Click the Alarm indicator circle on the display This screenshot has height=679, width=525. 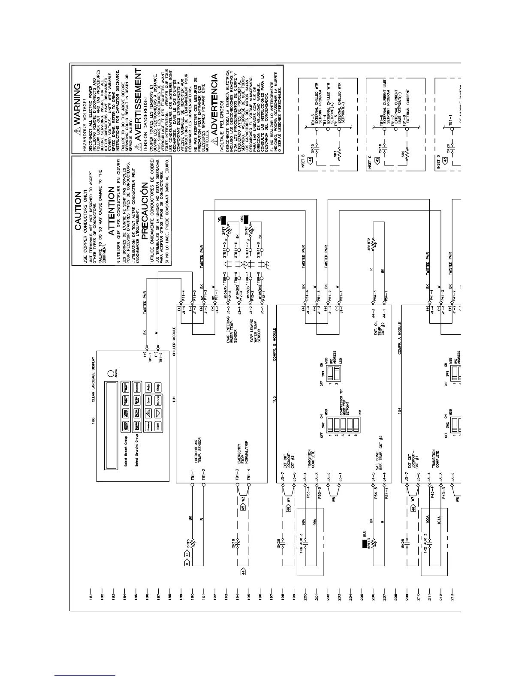coord(110,374)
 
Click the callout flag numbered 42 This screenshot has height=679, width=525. coord(377,160)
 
